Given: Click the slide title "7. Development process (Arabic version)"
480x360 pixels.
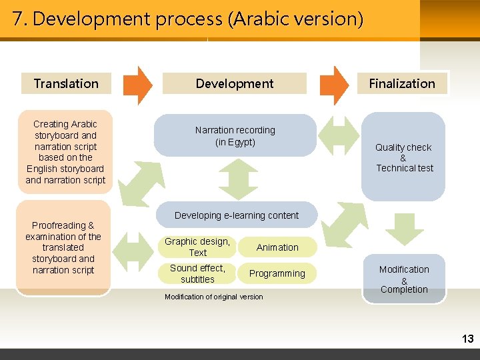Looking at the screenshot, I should tap(188, 19).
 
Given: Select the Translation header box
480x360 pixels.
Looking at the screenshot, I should tap(65, 83).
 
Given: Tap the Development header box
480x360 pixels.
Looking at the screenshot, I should tap(234, 83).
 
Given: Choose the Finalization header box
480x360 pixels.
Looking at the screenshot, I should tap(401, 83).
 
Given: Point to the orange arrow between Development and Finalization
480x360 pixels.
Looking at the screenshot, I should tap(334, 85).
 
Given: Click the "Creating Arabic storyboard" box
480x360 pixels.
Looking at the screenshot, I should tap(65, 152).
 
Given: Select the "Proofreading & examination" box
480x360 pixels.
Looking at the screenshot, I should tap(63, 247).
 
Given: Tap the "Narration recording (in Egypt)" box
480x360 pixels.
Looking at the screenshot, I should tap(235, 135).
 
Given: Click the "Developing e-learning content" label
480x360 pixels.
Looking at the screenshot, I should tap(236, 215).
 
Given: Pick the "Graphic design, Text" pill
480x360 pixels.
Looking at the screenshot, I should tap(197, 247).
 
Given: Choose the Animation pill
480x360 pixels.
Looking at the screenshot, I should tap(277, 247).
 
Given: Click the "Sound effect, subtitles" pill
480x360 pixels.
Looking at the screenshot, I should tap(197, 273).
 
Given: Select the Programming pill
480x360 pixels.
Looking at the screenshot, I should tap(277, 273).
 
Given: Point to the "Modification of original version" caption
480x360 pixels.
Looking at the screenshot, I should tap(213, 297).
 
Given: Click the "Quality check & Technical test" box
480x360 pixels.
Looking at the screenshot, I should tap(403, 157).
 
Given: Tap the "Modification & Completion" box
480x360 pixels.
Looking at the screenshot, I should tap(404, 279).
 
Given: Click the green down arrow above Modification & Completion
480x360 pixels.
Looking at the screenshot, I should tap(404, 229).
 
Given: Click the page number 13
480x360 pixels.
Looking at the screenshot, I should tap(467, 339).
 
